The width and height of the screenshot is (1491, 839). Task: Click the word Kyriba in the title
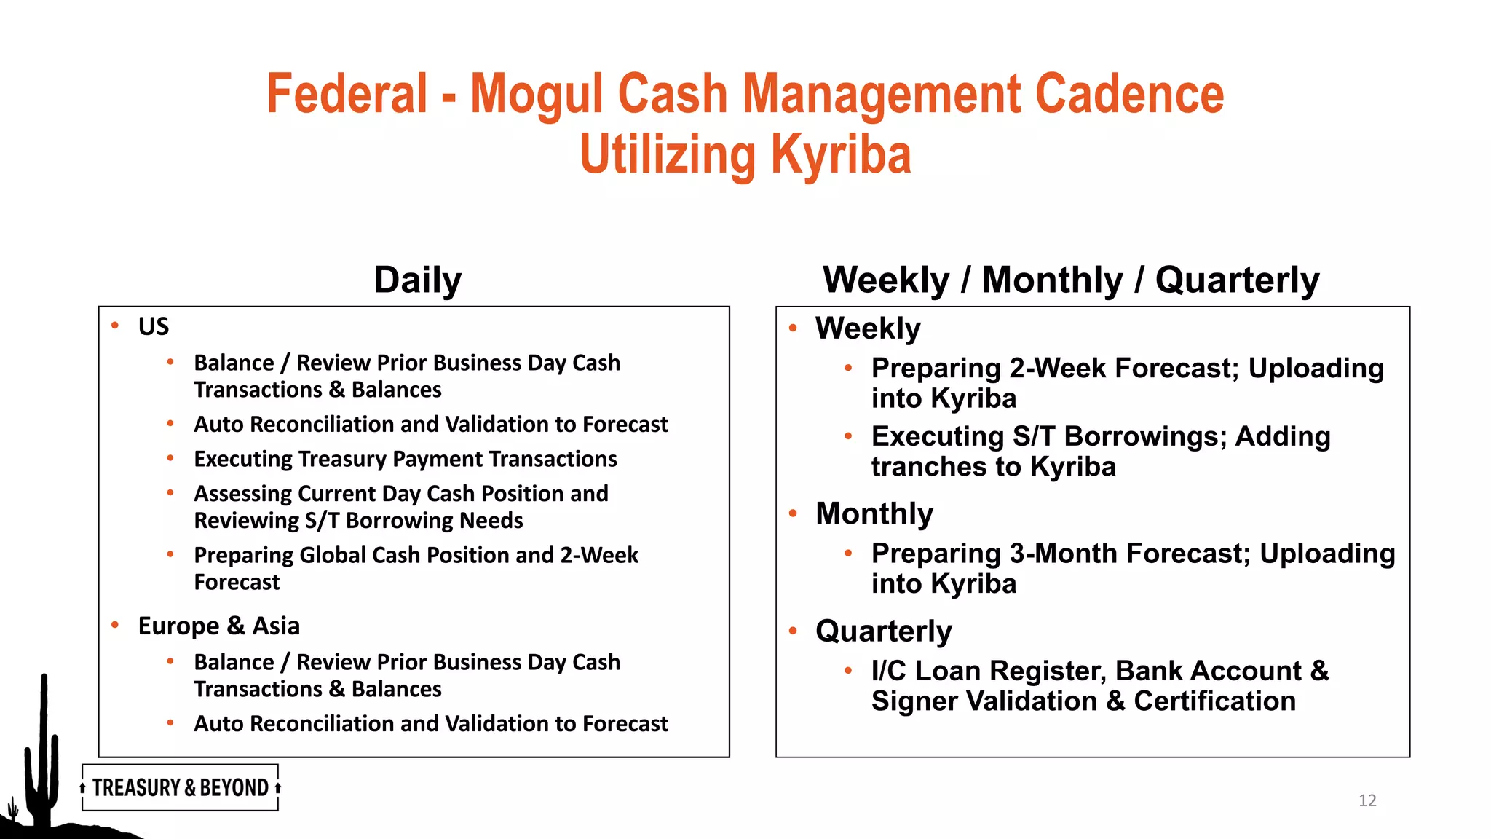point(841,154)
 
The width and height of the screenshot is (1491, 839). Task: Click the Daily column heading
point(418,280)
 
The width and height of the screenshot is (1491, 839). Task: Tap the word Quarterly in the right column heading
point(1237,280)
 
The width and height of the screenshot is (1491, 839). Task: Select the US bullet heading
point(154,326)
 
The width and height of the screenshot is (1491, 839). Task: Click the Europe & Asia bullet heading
point(218,626)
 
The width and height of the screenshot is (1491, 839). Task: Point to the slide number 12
point(1367,800)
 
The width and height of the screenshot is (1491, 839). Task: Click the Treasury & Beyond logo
point(180,787)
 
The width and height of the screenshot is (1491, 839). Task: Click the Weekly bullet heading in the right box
point(868,328)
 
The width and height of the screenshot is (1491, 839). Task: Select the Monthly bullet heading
point(874,513)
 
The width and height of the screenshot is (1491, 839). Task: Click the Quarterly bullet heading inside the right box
point(883,631)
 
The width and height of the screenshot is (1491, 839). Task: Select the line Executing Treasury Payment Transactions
point(405,459)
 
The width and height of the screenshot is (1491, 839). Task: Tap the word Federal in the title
point(347,94)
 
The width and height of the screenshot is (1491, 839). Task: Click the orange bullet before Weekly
point(793,328)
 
